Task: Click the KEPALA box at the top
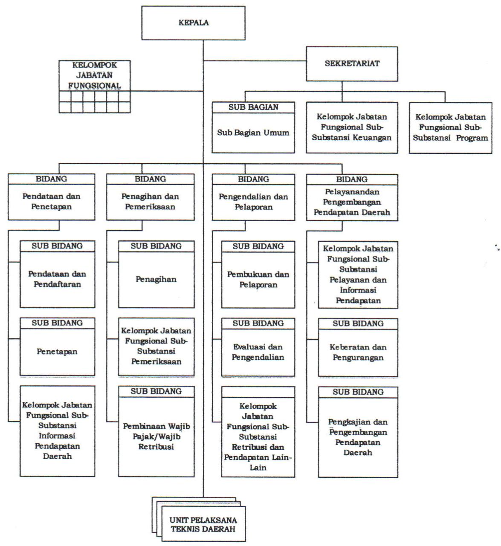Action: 194,23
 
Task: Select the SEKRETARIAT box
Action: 352,64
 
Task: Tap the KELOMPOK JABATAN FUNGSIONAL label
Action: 94,75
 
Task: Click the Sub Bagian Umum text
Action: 253,133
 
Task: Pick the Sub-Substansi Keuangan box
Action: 352,127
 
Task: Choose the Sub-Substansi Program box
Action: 450,127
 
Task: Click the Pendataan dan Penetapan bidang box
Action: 51,202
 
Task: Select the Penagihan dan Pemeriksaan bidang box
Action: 150,202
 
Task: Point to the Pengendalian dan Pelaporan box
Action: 253,202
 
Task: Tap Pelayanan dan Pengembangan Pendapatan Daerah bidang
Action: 352,202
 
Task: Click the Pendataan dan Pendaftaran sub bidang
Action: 57,279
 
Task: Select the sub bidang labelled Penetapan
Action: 57,352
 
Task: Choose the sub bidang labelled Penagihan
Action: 156,280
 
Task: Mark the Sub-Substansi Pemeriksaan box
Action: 156,346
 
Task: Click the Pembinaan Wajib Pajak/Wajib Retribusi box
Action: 156,436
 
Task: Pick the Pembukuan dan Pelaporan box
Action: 258,280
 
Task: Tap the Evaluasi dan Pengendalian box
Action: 258,352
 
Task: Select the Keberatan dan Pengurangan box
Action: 358,352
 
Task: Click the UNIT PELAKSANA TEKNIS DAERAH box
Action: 203,524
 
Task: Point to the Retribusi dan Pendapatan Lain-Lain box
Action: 258,436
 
